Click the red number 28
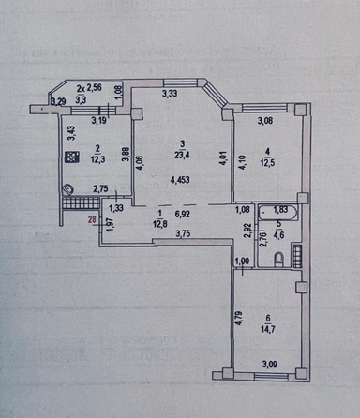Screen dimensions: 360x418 92,222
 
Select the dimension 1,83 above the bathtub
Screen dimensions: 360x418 280,211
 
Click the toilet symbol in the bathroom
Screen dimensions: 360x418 279,258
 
